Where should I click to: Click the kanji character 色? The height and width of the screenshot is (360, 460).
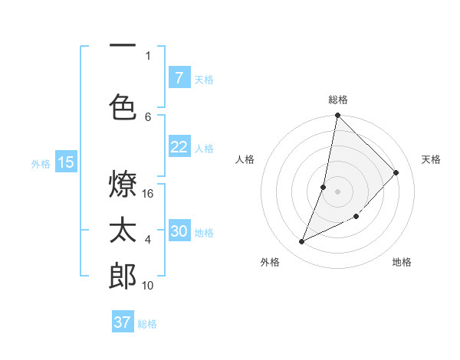pyautogui.click(x=123, y=105)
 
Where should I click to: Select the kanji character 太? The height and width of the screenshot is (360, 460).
pyautogui.click(x=123, y=230)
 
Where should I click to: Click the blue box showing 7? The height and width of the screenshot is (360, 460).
pyautogui.click(x=179, y=78)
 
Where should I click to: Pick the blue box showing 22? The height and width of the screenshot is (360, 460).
pyautogui.click(x=179, y=147)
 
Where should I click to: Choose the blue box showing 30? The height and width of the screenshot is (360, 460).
pyautogui.click(x=179, y=231)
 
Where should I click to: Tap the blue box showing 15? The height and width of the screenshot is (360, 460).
pyautogui.click(x=65, y=162)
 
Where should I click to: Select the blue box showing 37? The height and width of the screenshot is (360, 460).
pyautogui.click(x=122, y=322)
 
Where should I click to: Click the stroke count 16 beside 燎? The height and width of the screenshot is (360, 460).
pyautogui.click(x=149, y=194)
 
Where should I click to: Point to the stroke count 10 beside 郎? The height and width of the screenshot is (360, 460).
pyautogui.click(x=149, y=286)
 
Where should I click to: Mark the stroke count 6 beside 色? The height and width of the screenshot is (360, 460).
pyautogui.click(x=148, y=116)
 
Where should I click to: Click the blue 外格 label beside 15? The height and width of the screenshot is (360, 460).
pyautogui.click(x=40, y=163)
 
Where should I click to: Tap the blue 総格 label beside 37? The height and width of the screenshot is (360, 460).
pyautogui.click(x=147, y=324)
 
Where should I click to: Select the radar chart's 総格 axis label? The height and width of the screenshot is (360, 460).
pyautogui.click(x=338, y=100)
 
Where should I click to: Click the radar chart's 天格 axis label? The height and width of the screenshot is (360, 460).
pyautogui.click(x=431, y=159)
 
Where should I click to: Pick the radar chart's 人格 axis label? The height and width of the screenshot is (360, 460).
pyautogui.click(x=245, y=159)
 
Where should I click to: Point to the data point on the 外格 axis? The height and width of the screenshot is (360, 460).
pyautogui.click(x=302, y=242)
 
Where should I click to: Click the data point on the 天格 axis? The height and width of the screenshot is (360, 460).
pyautogui.click(x=396, y=173)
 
